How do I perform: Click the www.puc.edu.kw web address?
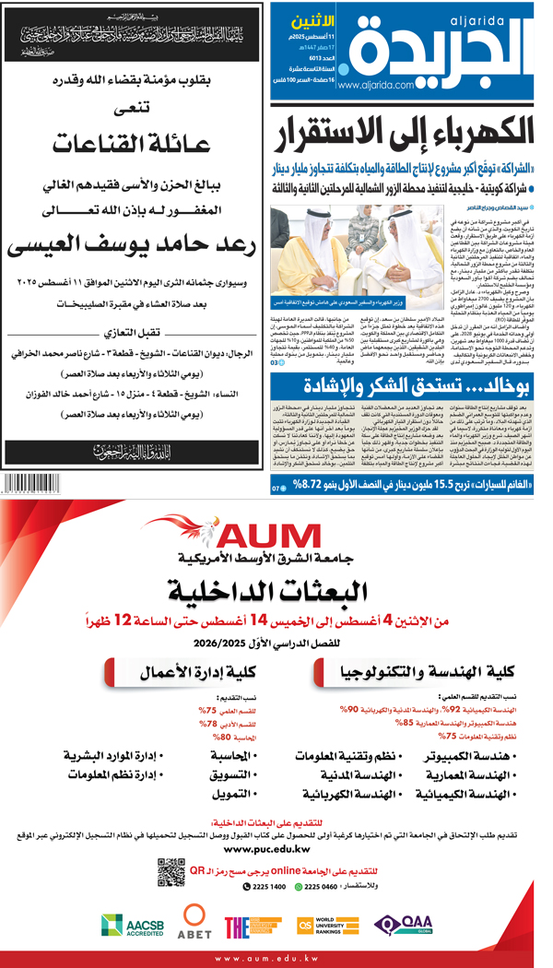pos(276,849)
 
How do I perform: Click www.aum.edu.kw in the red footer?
pos(276,959)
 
